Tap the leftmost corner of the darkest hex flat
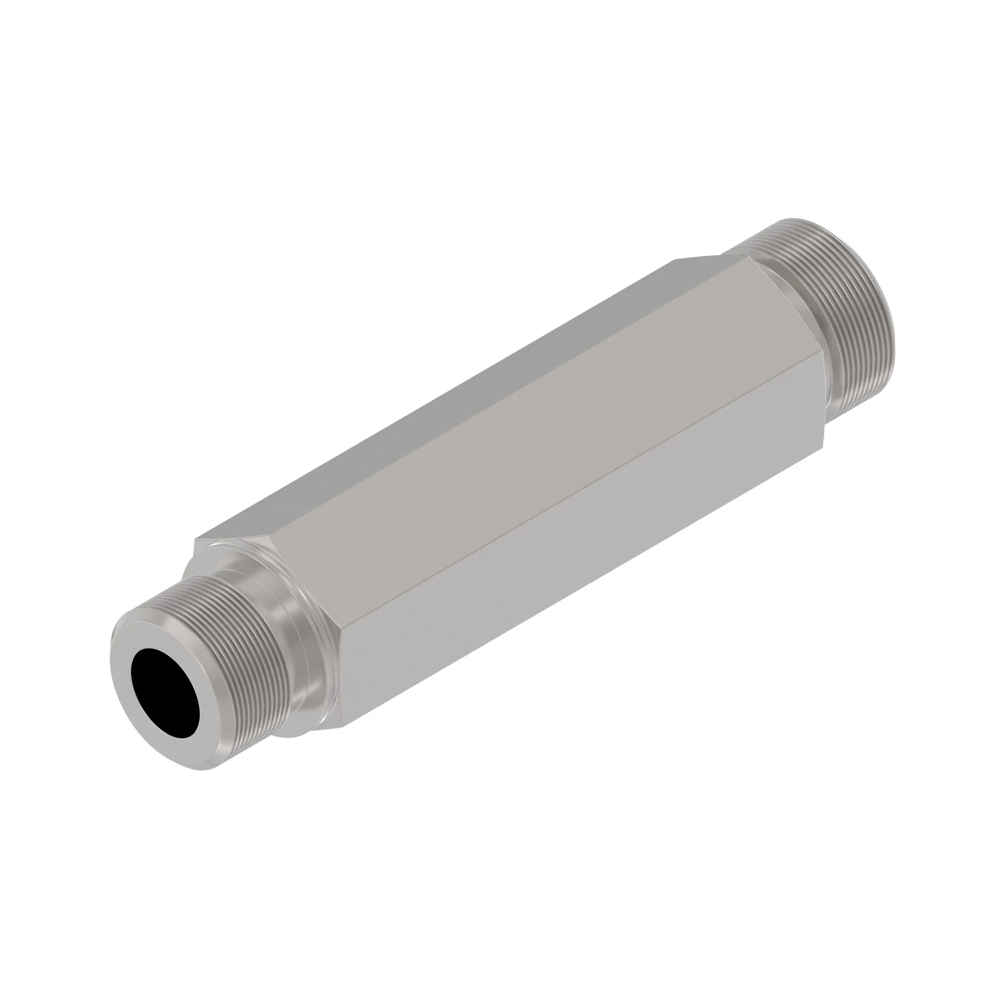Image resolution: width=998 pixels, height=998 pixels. click(x=195, y=540)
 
